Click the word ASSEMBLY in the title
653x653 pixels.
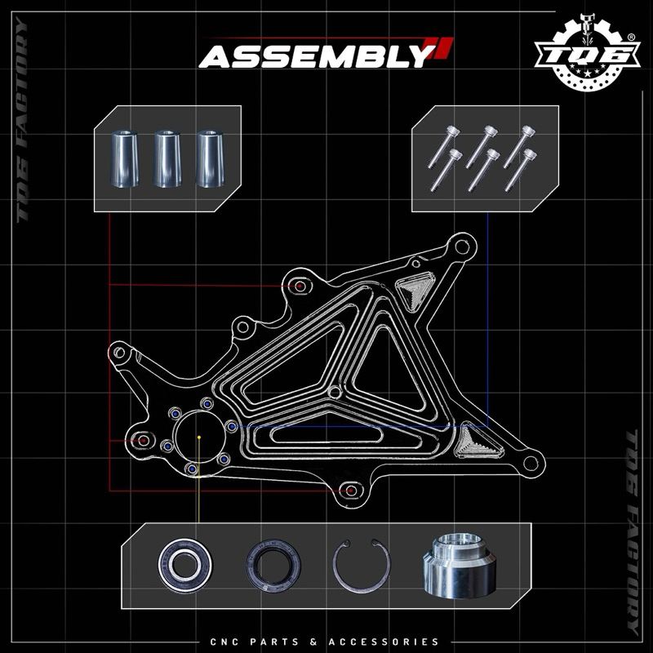pos(313,56)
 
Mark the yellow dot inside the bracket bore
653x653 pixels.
pos(199,438)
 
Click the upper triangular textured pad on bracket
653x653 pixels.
pos(415,291)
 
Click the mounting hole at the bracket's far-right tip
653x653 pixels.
pos(531,463)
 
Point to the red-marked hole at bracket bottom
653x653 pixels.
pos(351,491)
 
